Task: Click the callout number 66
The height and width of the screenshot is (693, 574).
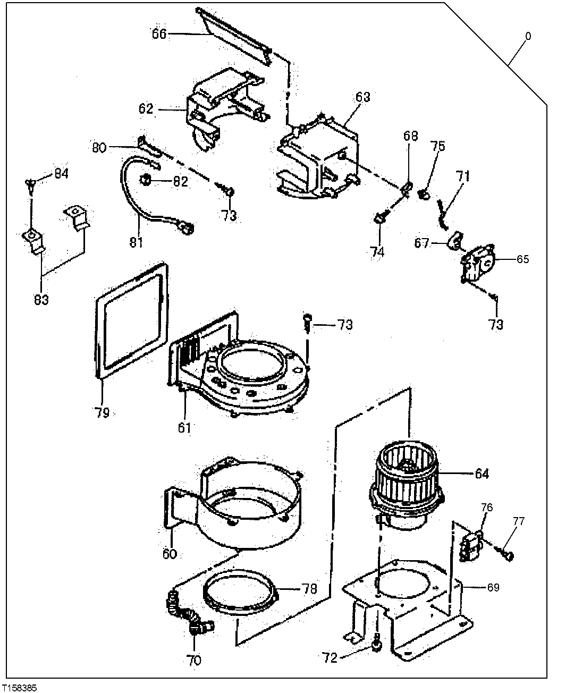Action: point(159,34)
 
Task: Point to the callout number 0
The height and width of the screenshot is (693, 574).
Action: point(528,37)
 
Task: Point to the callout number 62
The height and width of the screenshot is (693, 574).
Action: point(146,109)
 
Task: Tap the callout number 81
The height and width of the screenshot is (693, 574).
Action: point(136,242)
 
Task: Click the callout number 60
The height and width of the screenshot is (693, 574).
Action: point(169,554)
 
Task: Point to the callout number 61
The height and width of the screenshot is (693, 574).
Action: point(184,427)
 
